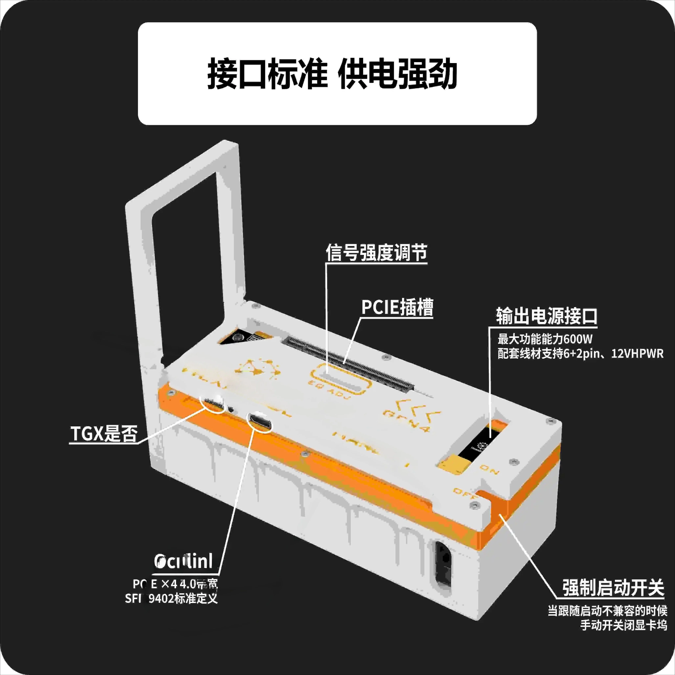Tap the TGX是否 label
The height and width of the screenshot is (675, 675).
click(104, 434)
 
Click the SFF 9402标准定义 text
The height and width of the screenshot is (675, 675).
click(171, 598)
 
